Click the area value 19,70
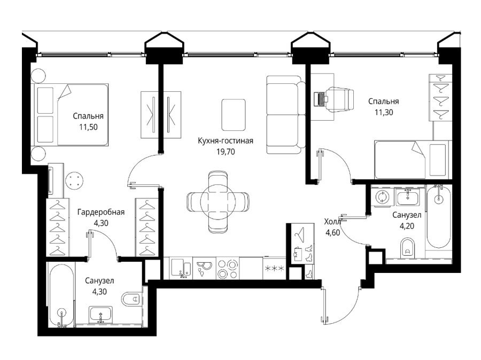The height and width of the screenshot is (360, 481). (226, 152)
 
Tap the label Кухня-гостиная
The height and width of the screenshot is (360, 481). (226, 141)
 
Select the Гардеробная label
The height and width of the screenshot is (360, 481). (101, 212)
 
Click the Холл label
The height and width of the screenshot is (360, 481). (332, 222)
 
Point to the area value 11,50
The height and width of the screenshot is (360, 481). (88, 127)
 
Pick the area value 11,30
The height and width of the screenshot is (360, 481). (383, 112)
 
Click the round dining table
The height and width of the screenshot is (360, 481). (218, 201)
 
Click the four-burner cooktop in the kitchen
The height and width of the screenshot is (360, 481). (228, 268)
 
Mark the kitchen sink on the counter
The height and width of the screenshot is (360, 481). (181, 268)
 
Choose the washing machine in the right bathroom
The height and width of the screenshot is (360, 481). (382, 197)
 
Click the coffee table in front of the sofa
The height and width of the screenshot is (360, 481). (234, 114)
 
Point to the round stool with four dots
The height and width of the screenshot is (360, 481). (74, 181)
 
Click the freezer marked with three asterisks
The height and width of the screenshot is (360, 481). (275, 268)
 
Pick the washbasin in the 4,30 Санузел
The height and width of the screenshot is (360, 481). (100, 314)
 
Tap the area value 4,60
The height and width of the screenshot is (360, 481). (332, 233)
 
